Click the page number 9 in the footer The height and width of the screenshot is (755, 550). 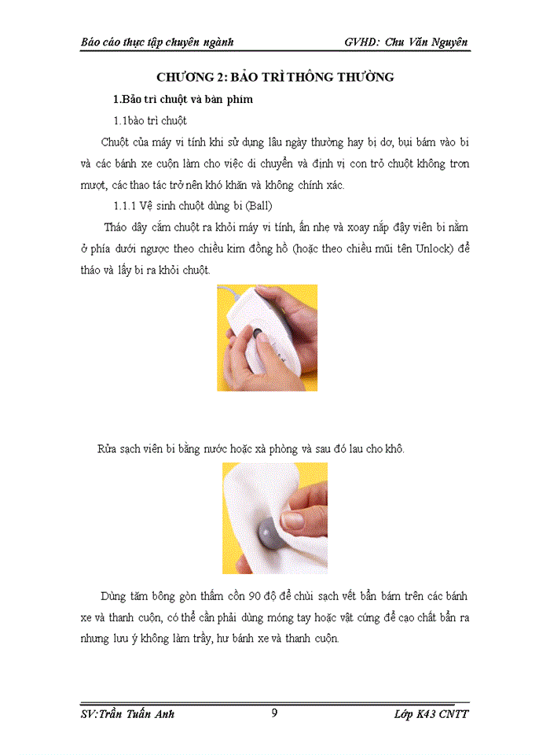[274, 713]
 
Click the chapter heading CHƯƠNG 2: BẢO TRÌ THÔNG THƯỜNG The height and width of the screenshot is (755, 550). [274, 77]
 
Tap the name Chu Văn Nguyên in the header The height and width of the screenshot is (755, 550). [433, 40]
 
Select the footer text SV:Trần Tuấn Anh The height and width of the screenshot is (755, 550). [127, 714]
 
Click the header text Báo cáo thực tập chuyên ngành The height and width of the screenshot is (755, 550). [157, 40]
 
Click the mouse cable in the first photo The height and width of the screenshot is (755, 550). [229, 296]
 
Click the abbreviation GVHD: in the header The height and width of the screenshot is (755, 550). [365, 40]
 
